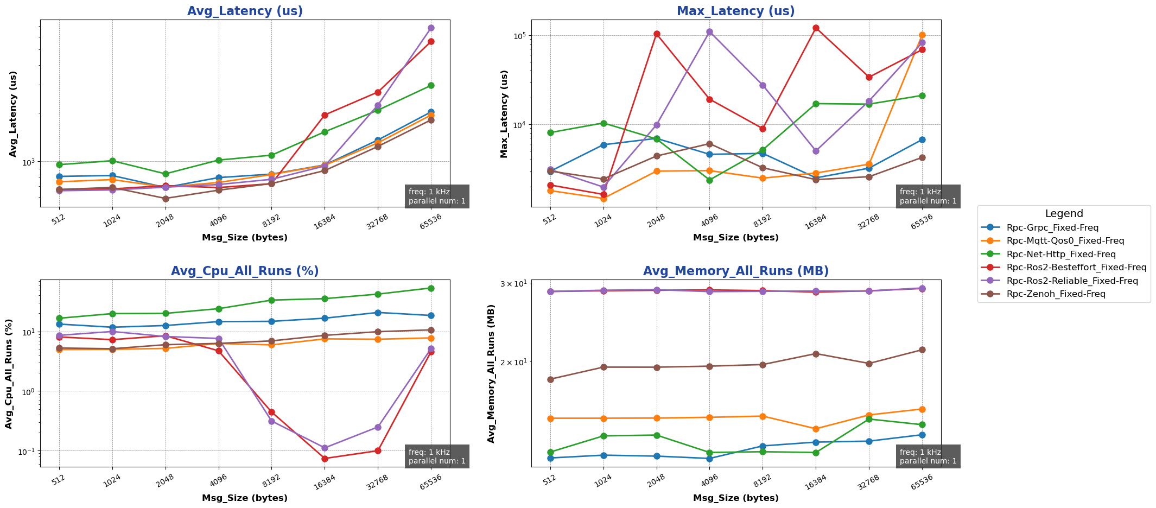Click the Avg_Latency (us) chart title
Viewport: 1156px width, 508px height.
coord(245,11)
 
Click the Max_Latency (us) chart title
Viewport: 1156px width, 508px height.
coord(735,11)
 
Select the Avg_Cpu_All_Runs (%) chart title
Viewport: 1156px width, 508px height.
coord(245,271)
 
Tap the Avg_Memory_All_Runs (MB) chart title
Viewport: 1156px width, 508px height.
coord(735,271)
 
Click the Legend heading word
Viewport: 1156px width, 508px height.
coord(1064,214)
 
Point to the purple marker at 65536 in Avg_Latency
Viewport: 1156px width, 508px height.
coord(431,28)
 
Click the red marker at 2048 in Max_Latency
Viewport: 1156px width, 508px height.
coord(657,34)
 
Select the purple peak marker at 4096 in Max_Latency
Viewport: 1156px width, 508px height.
coord(709,31)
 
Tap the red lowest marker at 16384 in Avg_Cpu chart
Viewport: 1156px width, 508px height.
coord(325,459)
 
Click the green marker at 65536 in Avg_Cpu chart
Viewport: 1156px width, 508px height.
coord(431,288)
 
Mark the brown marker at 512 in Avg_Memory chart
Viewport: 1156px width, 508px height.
coord(550,379)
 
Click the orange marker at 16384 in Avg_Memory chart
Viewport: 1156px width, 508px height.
coord(816,429)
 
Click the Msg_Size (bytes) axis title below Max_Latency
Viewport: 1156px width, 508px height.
coord(735,238)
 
